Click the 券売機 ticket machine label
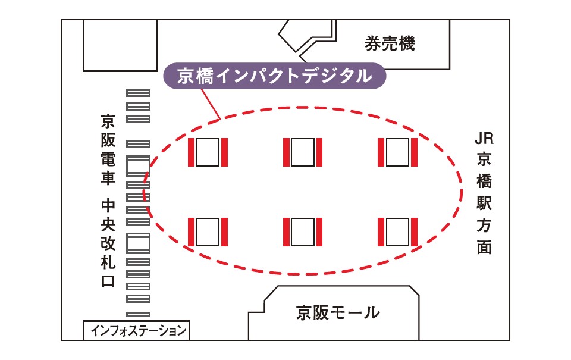[x=389, y=43]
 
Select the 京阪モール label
[x=337, y=312]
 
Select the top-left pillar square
[x=208, y=152]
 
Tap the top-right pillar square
[x=397, y=152]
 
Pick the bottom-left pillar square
[x=208, y=231]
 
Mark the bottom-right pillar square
[x=397, y=231]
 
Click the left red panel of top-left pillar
[x=192, y=152]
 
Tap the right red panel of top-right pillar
[x=413, y=152]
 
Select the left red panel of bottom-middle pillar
[x=286, y=231]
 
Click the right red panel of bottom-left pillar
[x=224, y=231]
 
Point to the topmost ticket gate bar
[x=139, y=93]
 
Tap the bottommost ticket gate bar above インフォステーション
[x=139, y=314]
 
